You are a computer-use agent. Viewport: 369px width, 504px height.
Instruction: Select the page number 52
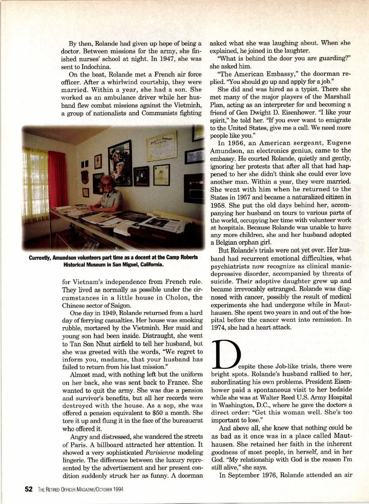pyautogui.click(x=29, y=489)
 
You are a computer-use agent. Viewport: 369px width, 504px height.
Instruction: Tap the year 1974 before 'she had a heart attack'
pyautogui.click(x=218, y=327)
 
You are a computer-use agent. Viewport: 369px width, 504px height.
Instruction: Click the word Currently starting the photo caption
pyautogui.click(x=40, y=257)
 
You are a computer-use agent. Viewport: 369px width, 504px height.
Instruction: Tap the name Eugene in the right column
pyautogui.click(x=336, y=142)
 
